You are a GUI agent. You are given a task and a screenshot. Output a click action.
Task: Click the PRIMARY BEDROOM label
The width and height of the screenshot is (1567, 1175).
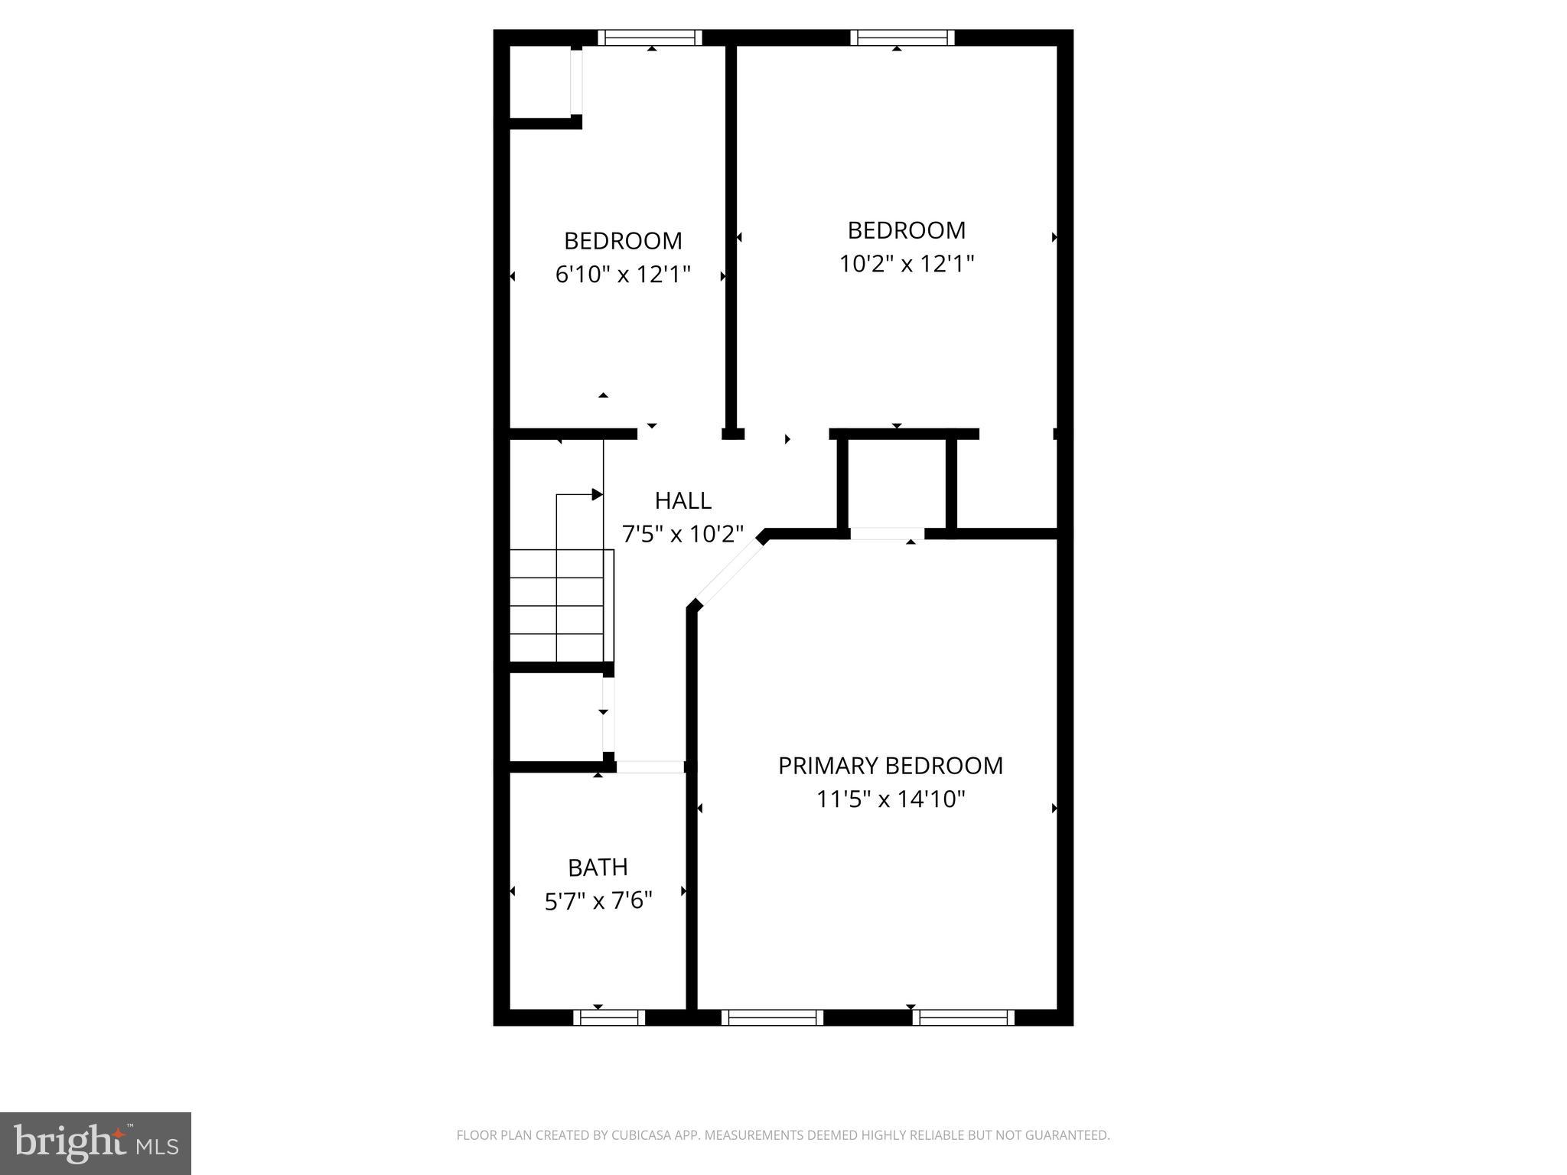coord(890,766)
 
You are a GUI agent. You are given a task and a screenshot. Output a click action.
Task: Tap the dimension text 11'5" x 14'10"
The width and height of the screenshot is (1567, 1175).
coord(890,799)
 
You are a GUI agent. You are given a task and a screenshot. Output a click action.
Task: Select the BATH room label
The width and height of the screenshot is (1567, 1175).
coord(598,867)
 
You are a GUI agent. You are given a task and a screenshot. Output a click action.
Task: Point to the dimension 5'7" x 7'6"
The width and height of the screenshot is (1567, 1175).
coord(598,901)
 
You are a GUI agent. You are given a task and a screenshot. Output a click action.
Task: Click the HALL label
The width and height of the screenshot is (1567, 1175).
coord(683,501)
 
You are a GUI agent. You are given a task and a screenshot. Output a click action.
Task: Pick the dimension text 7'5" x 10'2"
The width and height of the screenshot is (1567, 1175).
coord(683,534)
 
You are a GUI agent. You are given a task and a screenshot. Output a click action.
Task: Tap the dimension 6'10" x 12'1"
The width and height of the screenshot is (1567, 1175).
coord(623,274)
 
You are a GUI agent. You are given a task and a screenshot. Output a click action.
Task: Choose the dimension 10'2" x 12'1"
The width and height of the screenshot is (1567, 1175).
coord(906,264)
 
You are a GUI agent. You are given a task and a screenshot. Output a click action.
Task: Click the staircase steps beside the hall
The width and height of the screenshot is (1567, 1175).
coord(561,605)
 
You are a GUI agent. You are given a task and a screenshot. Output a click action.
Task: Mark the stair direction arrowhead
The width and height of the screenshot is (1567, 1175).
coord(598,495)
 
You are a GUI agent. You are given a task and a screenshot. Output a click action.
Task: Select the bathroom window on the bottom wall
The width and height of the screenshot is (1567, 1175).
coord(609,1017)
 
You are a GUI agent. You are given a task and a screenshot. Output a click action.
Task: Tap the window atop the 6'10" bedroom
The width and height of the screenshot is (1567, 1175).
coord(650,37)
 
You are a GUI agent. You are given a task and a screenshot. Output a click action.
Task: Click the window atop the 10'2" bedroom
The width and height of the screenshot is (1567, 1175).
coord(902,37)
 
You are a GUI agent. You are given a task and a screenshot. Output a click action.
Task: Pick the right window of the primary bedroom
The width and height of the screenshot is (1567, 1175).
coord(963,1017)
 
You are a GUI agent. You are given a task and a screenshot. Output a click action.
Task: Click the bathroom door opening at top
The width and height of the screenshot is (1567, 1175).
coord(650,767)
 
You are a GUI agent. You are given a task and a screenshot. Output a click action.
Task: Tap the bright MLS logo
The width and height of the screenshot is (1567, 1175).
coord(95,1143)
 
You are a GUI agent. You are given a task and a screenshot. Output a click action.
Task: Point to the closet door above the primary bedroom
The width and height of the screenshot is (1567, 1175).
coord(887,533)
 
